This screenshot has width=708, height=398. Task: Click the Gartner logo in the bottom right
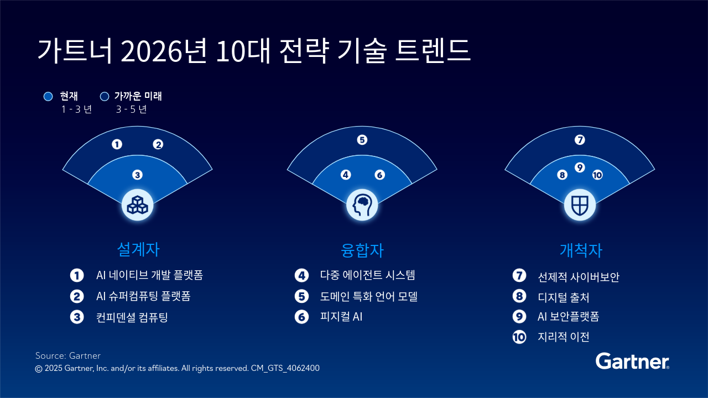pos(632,361)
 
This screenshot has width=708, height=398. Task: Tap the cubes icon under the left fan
pos(138,205)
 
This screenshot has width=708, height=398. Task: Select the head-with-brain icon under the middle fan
pos(362,205)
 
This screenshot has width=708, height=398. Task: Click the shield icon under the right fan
pos(580,205)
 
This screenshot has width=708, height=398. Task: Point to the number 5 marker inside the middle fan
pos(362,140)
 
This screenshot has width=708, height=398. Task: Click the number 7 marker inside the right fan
pos(580,140)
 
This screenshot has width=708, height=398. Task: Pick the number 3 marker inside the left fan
pos(137,175)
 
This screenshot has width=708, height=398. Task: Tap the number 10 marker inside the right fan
pos(597,175)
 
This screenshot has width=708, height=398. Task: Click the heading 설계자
pos(138,249)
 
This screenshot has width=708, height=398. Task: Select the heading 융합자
pos(362,250)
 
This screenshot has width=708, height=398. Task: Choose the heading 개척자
pos(581,250)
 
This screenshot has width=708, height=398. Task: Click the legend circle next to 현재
pos(48,96)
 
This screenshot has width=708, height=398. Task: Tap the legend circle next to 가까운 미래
pos(105,96)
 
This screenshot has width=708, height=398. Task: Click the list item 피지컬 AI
pos(341,317)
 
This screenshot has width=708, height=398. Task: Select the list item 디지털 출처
pos(564,297)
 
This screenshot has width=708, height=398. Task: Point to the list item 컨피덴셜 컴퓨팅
pos(132,317)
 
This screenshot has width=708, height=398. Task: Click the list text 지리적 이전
pos(564,337)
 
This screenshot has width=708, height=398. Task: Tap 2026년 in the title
pos(164,50)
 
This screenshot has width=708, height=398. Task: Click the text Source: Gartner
pos(68,355)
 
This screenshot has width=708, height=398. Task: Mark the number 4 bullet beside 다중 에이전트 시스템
pos(302,275)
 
